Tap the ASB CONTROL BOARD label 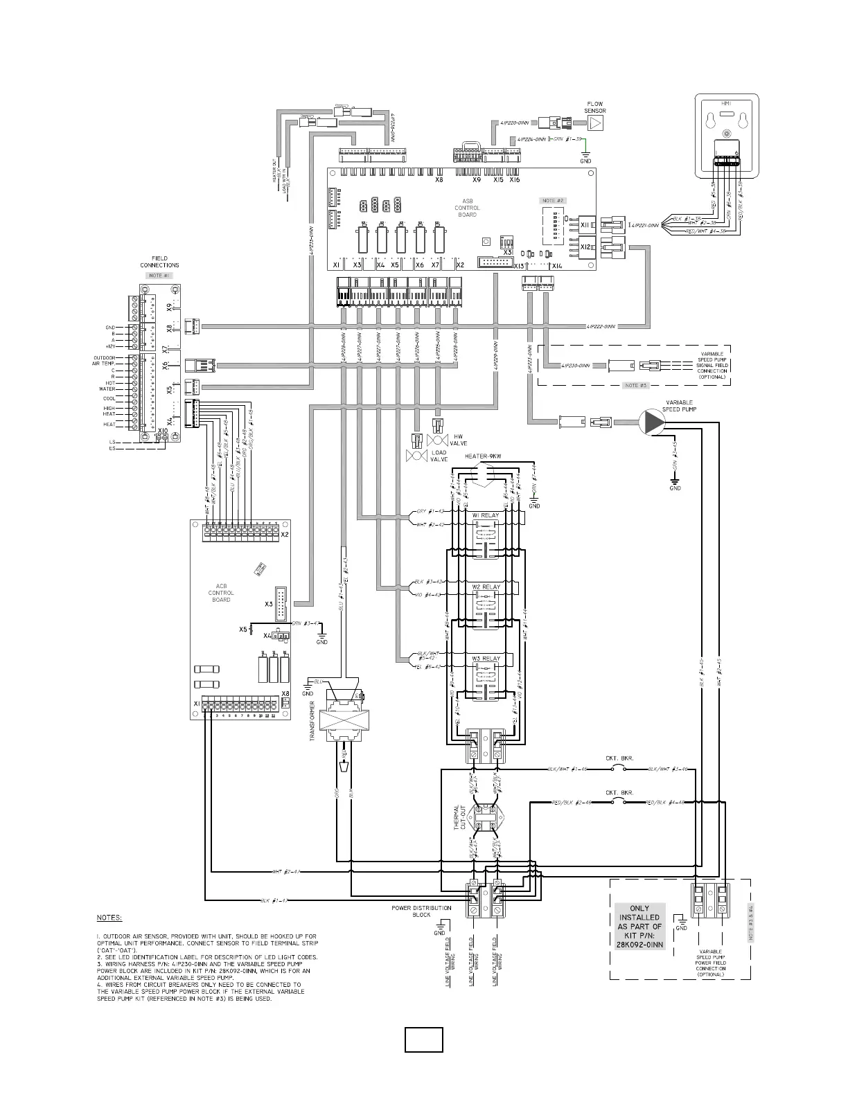467,208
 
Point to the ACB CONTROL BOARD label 221,593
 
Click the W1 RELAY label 486,515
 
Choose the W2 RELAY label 486,587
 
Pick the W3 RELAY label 486,659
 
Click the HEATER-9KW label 482,456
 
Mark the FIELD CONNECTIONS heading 159,262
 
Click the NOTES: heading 109,918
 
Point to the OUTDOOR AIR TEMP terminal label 104,361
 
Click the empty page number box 423,1040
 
